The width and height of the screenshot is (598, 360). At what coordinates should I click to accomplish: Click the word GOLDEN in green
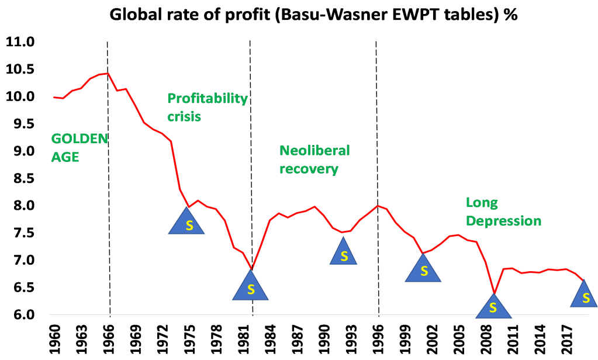80,139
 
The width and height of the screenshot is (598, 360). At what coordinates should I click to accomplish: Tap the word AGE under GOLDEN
65,157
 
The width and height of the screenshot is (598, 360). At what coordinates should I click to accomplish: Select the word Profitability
208,98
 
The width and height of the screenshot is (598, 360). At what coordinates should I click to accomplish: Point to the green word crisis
184,116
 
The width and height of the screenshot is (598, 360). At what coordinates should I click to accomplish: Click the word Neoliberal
314,151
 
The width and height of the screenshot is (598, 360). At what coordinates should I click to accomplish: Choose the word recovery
309,169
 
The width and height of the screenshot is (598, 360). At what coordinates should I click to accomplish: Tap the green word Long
482,203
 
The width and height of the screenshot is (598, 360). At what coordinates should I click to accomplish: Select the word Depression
503,221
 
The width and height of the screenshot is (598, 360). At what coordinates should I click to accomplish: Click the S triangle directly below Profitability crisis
187,223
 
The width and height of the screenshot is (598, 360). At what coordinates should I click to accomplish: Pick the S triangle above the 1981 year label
251,287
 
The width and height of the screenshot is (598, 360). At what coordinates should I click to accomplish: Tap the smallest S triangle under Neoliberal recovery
344,254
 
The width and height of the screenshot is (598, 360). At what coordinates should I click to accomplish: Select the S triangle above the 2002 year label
423,270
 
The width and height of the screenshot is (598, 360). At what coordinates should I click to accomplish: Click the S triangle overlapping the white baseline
493,306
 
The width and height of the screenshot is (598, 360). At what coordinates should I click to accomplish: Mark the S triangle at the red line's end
584,296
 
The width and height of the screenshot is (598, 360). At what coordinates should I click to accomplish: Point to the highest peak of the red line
107,73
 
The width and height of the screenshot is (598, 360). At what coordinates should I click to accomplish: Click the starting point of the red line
53,97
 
